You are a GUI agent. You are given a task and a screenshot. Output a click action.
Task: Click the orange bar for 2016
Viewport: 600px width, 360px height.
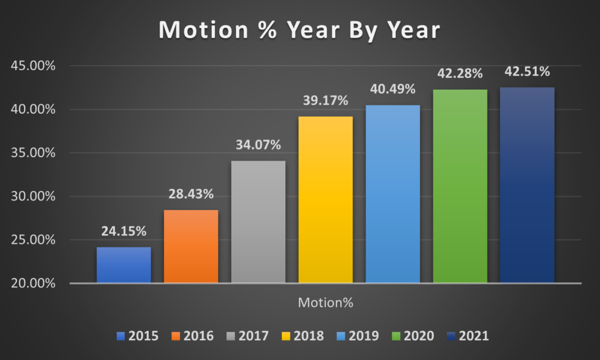[x=191, y=246]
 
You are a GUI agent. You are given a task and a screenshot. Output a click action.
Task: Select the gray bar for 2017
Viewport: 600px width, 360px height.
[x=258, y=222]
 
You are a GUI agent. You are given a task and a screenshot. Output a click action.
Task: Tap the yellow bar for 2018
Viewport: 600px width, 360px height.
[x=326, y=199]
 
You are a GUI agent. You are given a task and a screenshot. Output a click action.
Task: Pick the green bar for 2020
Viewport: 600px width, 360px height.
[x=460, y=186]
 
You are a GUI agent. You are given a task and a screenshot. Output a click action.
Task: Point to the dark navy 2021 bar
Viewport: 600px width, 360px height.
[x=527, y=185]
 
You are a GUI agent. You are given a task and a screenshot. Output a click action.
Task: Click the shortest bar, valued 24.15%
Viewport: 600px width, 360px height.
[x=124, y=265]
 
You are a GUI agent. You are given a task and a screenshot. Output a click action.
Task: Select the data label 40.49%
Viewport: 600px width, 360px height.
[x=393, y=89]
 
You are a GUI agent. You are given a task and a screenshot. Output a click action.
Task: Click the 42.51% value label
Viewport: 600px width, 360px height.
[x=527, y=72]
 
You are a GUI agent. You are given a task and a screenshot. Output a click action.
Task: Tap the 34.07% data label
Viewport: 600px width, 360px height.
[x=258, y=145]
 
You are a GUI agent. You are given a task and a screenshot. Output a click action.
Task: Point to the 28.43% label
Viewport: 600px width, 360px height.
[x=191, y=194]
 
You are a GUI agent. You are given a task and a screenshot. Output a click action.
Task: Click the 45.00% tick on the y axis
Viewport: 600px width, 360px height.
[x=33, y=66]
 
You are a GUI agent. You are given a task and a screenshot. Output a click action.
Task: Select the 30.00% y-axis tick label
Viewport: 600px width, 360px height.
[x=33, y=196]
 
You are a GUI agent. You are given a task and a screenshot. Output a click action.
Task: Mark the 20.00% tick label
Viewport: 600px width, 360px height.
[x=33, y=283]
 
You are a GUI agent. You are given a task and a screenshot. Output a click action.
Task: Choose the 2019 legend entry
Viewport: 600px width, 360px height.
[x=358, y=336]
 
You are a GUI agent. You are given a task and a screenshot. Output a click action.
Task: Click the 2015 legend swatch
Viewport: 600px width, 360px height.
[x=121, y=337]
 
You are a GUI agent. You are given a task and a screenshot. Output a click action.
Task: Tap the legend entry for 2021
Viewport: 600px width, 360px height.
[x=468, y=336]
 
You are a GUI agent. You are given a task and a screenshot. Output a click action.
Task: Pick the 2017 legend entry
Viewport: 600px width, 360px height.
[x=248, y=336]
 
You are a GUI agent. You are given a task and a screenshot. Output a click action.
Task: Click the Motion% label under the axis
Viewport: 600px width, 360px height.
[x=326, y=303]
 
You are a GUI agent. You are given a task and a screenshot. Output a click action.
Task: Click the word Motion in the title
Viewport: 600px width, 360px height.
[x=203, y=29]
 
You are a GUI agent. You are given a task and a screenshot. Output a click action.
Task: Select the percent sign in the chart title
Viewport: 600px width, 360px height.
[x=267, y=29]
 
